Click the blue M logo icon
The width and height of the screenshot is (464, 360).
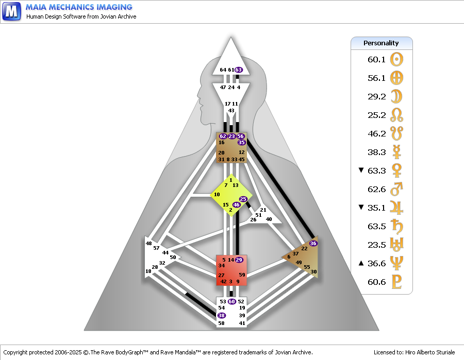pyautogui.click(x=11, y=11)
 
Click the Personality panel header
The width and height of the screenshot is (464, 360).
pyautogui.click(x=382, y=43)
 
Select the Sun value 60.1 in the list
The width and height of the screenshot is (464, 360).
pyautogui.click(x=376, y=59)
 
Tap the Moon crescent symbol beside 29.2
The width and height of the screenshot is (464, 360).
pyautogui.click(x=396, y=96)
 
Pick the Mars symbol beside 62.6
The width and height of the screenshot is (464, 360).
pyautogui.click(x=396, y=189)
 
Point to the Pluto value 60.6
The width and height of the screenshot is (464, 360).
pyautogui.click(x=376, y=282)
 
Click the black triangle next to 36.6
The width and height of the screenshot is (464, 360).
pyautogui.click(x=361, y=263)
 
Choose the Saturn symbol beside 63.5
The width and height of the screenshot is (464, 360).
pyautogui.click(x=396, y=226)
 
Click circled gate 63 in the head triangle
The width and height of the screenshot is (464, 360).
pyautogui.click(x=239, y=70)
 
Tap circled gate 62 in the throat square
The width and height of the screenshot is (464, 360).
pyautogui.click(x=223, y=136)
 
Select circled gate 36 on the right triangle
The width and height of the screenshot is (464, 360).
pyautogui.click(x=313, y=243)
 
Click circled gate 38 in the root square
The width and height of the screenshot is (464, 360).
pyautogui.click(x=221, y=315)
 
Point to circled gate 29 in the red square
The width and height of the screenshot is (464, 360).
pyautogui.click(x=239, y=260)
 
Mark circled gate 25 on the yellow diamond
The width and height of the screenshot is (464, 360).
pyautogui.click(x=243, y=199)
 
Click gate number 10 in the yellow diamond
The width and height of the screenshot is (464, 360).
pyautogui.click(x=217, y=195)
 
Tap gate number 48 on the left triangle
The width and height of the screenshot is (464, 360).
pyautogui.click(x=148, y=243)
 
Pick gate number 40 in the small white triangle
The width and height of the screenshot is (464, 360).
pyautogui.click(x=269, y=219)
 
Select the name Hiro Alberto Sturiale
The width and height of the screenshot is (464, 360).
pyautogui.click(x=430, y=352)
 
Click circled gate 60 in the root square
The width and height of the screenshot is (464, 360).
pyautogui.click(x=231, y=301)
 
